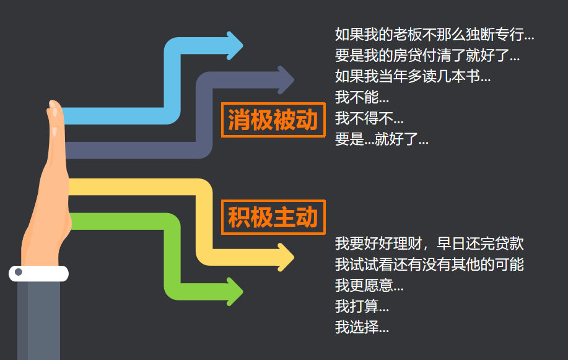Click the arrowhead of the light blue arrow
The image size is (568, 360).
[x=235, y=45]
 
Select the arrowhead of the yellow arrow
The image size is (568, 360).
[x=286, y=257]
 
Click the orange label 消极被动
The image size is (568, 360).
[x=273, y=120]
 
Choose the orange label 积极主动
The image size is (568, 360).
[x=273, y=217]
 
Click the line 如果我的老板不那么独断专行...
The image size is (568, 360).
[x=434, y=34]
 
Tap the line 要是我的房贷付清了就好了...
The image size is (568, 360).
[x=427, y=55]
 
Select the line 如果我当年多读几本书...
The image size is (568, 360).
[x=413, y=76]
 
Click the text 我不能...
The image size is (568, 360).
[x=362, y=97]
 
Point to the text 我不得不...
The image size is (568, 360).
[x=369, y=118]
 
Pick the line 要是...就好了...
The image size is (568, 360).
[x=382, y=139]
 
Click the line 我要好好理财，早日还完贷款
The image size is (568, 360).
[x=429, y=244]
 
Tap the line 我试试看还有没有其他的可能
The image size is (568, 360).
[x=429, y=265]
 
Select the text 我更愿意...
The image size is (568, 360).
[x=369, y=286]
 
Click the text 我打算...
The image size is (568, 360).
[x=362, y=307]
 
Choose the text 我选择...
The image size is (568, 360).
[x=362, y=327]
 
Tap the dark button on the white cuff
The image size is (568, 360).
[x=19, y=273]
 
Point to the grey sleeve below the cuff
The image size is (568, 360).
[x=38, y=319]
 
